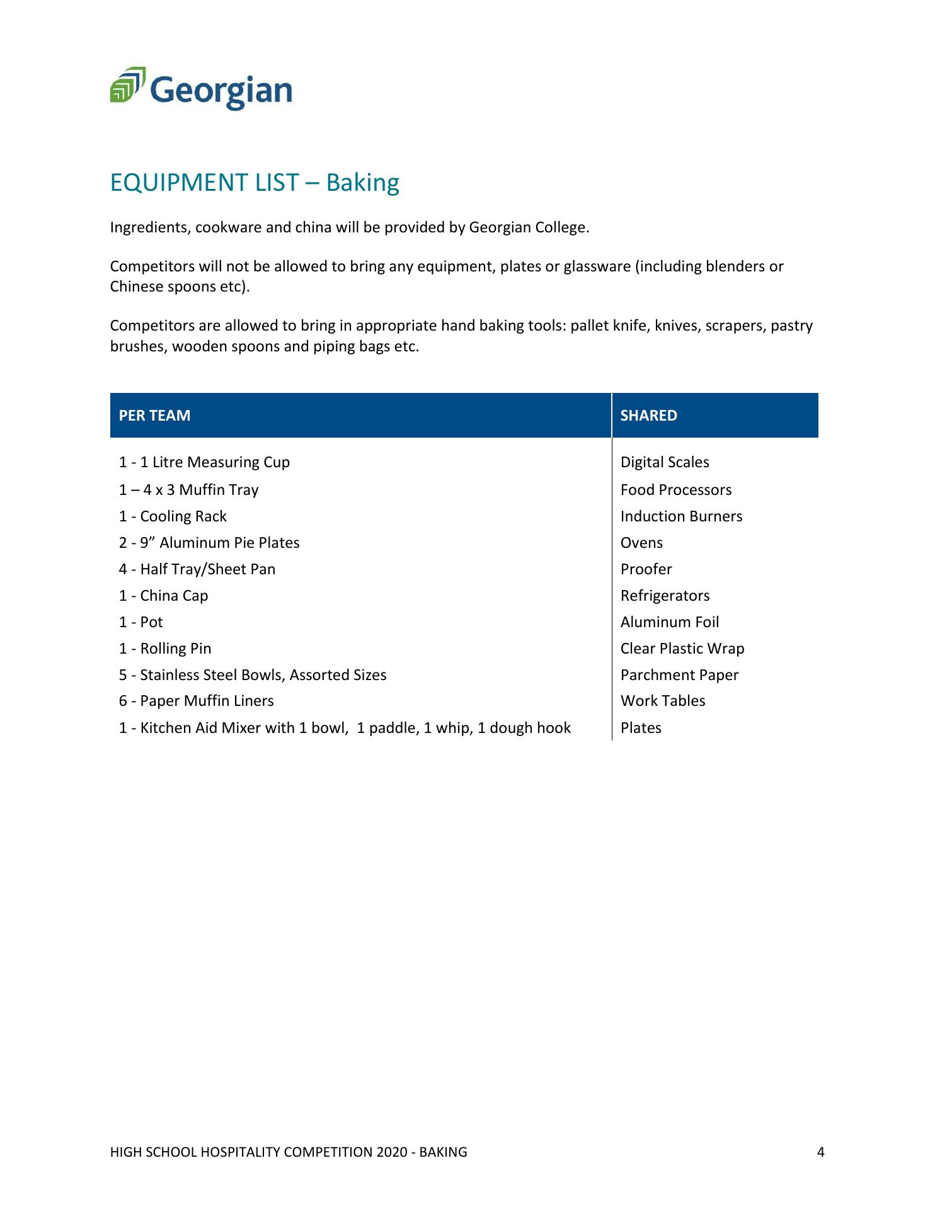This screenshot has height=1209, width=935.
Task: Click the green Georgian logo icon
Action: [x=128, y=84]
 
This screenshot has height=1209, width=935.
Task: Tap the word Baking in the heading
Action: [x=362, y=183]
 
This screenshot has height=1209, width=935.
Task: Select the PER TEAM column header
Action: [x=154, y=416]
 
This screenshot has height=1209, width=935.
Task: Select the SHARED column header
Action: [x=648, y=416]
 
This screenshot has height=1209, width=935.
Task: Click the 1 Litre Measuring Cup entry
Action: [x=204, y=462]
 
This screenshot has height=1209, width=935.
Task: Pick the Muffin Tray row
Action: [x=188, y=490]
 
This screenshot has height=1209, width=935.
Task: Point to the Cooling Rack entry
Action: [x=173, y=516]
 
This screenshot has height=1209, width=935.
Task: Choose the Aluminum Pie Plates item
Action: [x=209, y=543]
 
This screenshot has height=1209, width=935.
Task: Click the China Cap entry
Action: [x=163, y=596]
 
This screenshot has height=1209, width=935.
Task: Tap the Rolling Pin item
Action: [x=165, y=649]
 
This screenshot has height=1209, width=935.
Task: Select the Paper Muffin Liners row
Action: [x=196, y=701]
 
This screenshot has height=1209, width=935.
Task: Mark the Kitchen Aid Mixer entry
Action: [x=345, y=728]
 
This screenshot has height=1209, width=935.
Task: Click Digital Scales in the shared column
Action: [x=665, y=462]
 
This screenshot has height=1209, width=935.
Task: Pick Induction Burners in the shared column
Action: [x=681, y=516]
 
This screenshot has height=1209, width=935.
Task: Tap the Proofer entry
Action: [x=646, y=569]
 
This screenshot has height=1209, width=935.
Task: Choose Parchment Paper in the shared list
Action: [x=679, y=675]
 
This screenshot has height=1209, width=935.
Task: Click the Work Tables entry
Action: [x=663, y=701]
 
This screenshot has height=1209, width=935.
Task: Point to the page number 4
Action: [x=820, y=1152]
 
